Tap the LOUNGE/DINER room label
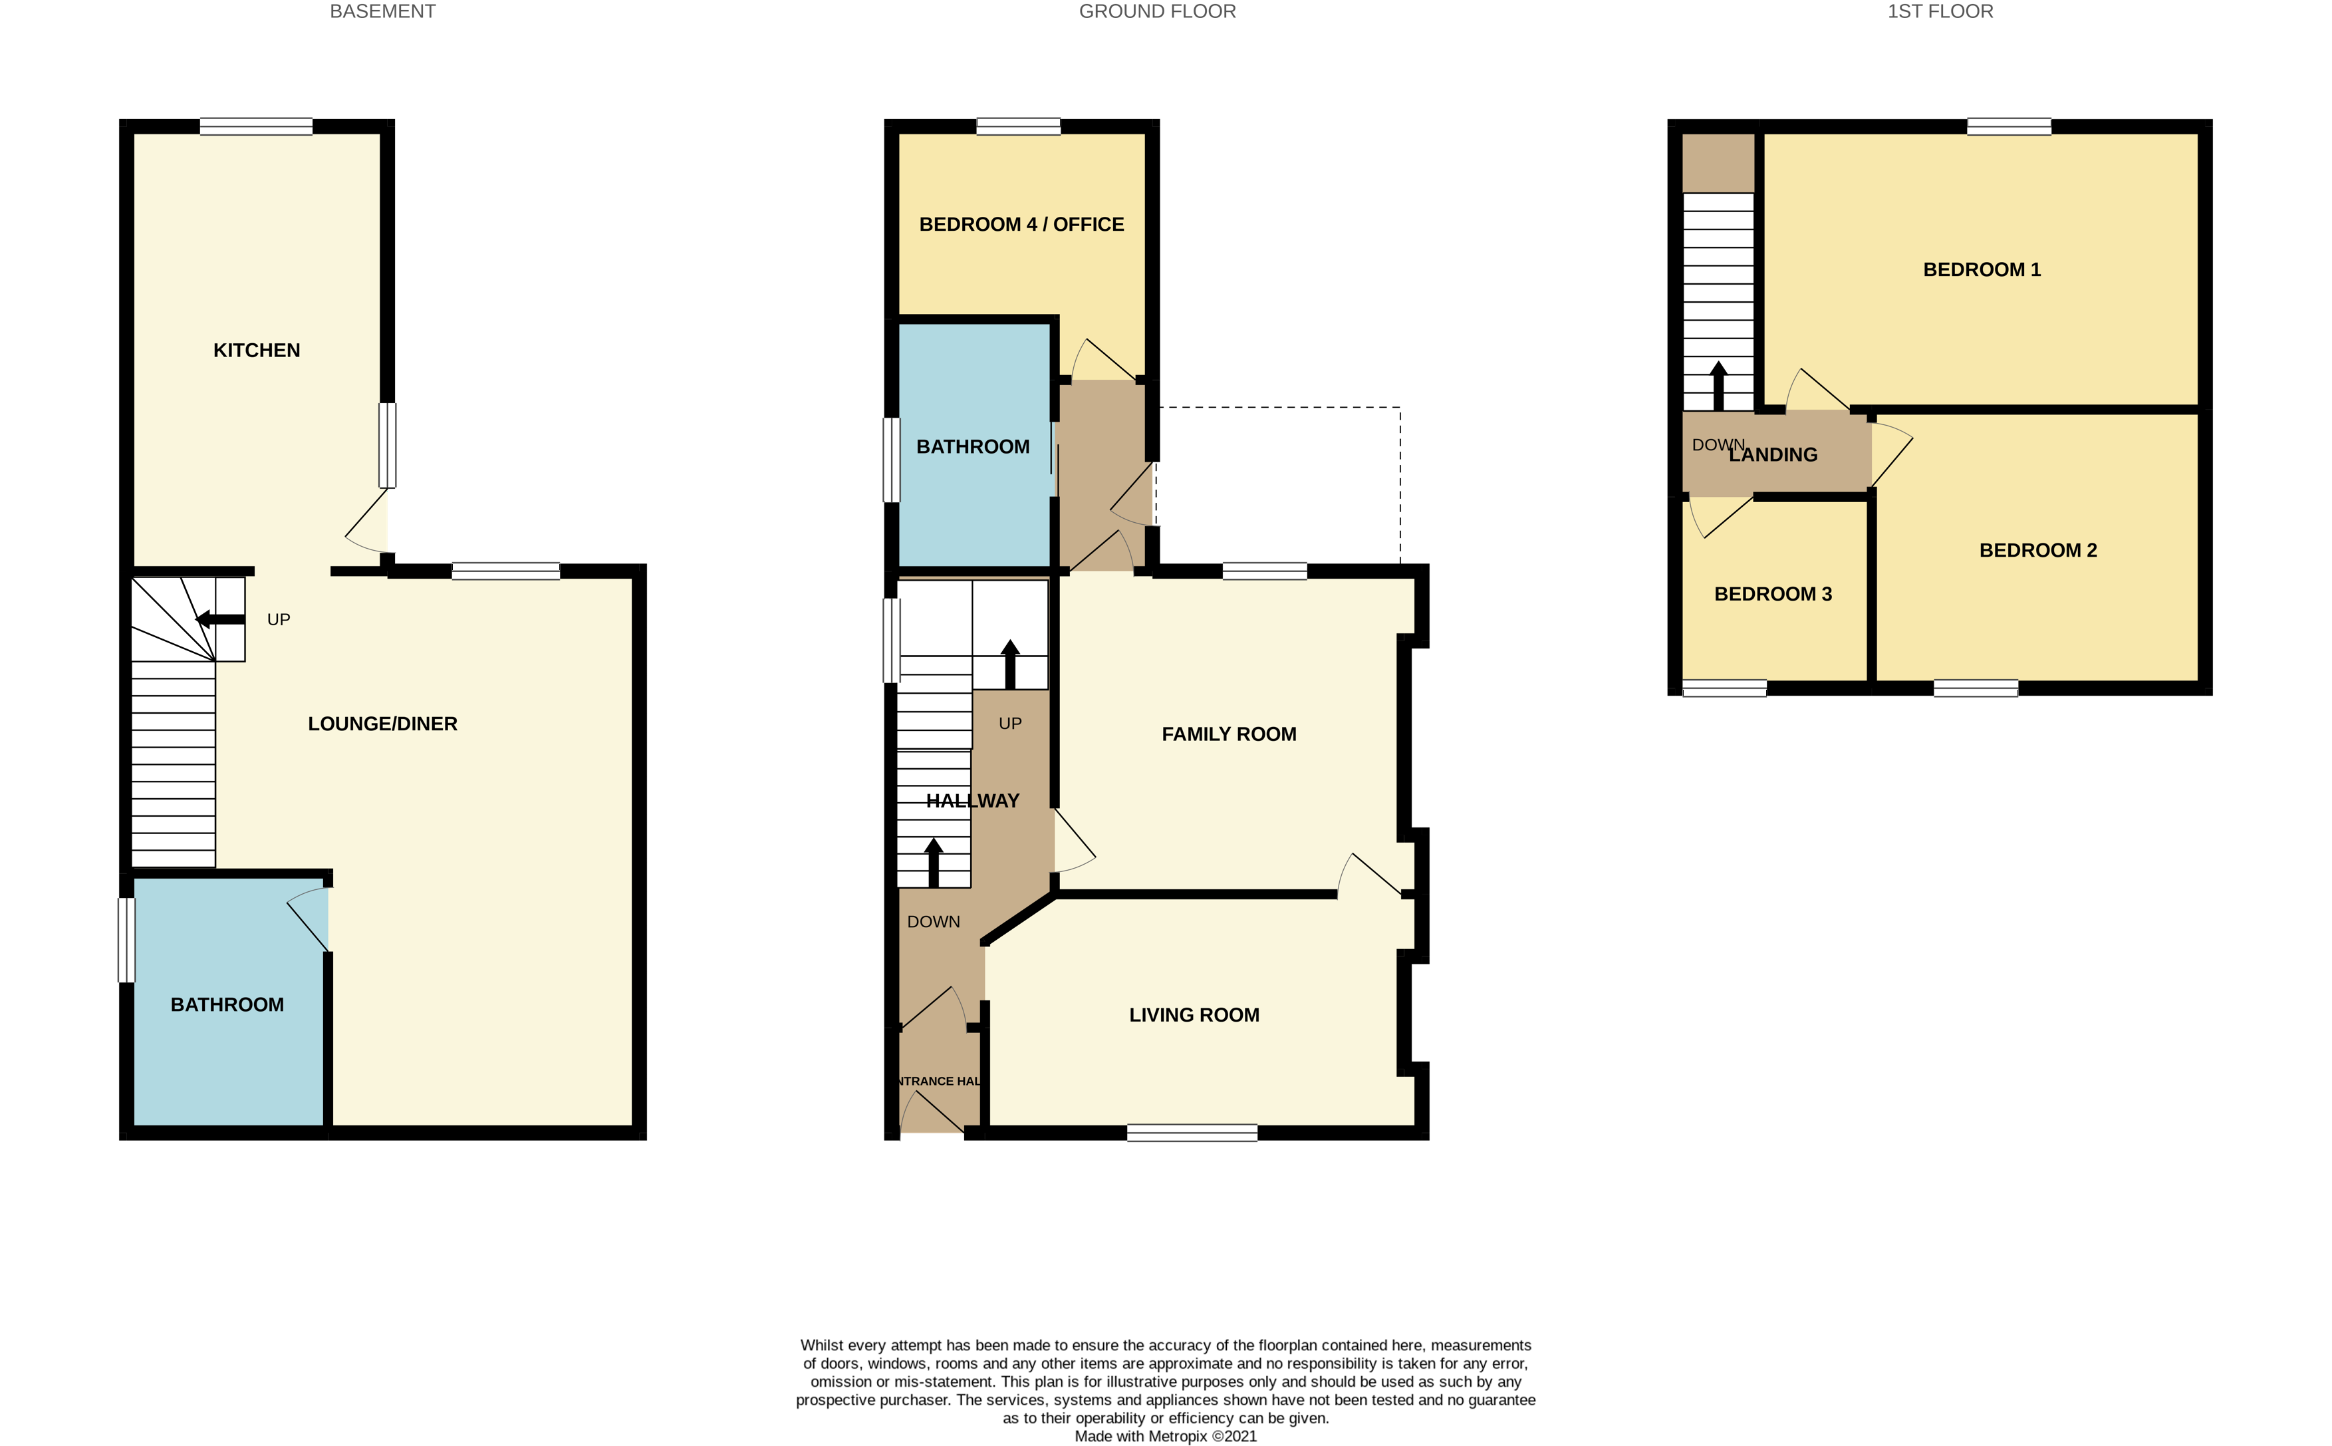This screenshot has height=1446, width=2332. (382, 724)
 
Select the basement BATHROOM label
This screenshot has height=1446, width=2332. (227, 1004)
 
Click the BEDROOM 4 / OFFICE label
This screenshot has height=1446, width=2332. (1021, 225)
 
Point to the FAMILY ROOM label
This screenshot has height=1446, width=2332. (1229, 734)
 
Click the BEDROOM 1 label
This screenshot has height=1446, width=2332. (1981, 269)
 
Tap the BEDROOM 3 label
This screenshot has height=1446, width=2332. (1773, 594)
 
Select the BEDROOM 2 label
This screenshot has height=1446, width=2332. (2037, 551)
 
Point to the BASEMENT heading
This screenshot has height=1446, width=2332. (382, 11)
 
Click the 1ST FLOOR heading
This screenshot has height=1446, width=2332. (1940, 11)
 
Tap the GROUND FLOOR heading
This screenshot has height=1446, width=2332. (1157, 11)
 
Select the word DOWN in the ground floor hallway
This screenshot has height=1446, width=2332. (933, 922)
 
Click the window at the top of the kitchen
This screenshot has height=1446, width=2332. (256, 126)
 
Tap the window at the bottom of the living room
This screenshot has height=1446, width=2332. (1192, 1133)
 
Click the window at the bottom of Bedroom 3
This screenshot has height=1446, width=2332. (1724, 688)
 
